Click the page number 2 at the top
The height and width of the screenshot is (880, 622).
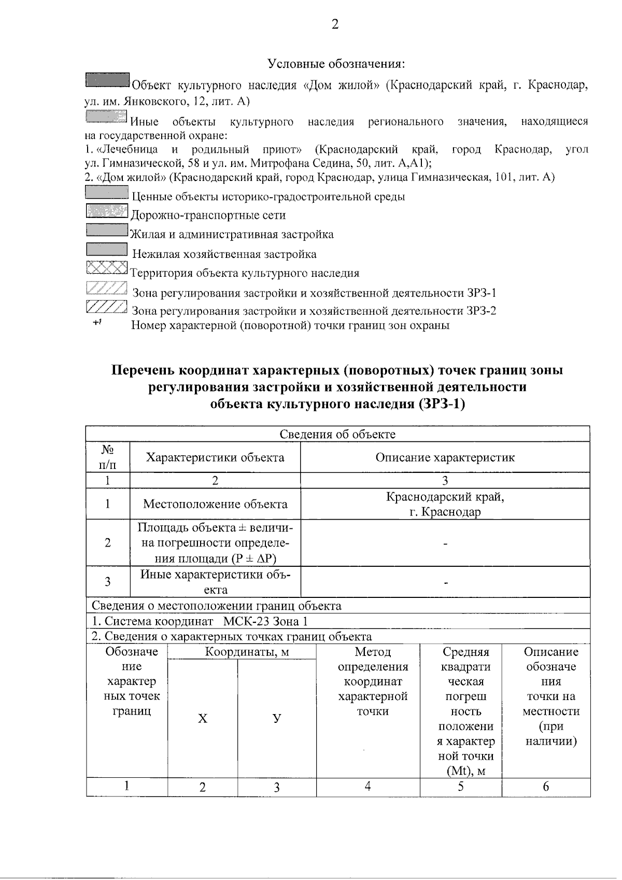coord(335,24)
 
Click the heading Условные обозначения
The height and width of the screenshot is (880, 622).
coord(336,64)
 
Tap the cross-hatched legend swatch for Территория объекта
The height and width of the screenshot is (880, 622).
coord(106,268)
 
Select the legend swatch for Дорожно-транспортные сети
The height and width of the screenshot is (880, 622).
coord(106,211)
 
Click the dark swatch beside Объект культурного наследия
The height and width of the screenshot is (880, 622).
coord(107,80)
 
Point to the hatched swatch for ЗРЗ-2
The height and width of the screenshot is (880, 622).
coord(106,307)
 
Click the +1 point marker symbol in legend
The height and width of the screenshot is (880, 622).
coord(96,323)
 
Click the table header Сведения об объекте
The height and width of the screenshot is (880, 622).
coord(337,434)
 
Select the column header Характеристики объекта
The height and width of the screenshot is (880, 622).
coord(215,457)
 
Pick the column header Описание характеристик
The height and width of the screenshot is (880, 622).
coord(445,457)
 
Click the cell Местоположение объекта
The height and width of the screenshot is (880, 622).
coord(215,504)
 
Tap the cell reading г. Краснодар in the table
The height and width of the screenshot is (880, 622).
coord(445,512)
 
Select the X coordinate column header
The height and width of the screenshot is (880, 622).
coord(202,718)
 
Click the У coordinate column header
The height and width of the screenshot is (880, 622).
coord(277,718)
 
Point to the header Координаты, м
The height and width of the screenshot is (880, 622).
coord(242,652)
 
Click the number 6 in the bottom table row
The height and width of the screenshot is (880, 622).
coord(545,787)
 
